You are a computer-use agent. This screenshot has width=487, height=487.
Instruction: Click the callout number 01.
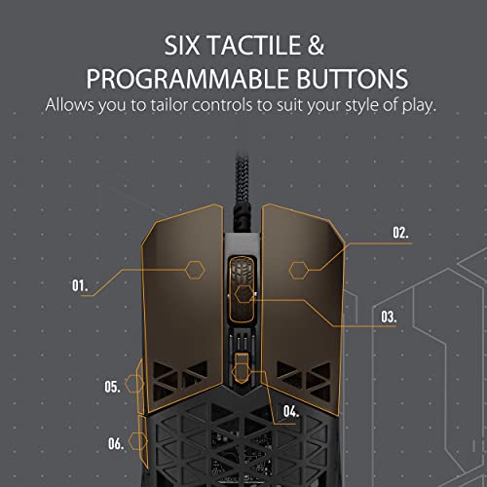tap(80, 285)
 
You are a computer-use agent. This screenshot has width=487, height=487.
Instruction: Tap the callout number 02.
tap(400, 233)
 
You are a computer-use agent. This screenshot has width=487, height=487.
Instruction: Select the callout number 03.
tap(389, 317)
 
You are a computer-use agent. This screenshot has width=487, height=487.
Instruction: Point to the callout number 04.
tap(291, 411)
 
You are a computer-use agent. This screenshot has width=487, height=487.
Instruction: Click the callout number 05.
tap(112, 387)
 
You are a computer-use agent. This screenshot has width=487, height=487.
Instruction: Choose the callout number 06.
tap(116, 443)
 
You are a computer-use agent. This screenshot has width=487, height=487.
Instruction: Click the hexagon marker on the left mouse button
tap(195, 270)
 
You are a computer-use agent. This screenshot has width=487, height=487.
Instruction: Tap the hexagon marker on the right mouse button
tap(299, 270)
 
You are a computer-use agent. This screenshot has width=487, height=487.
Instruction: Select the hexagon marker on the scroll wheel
tap(244, 294)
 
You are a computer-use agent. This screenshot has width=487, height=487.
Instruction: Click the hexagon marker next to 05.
tap(134, 384)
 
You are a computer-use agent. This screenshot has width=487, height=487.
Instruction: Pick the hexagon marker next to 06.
tap(138, 441)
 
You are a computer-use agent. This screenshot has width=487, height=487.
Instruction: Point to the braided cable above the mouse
tap(242, 192)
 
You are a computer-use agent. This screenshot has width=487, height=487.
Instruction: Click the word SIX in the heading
tap(182, 45)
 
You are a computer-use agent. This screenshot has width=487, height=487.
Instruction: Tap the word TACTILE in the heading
tap(254, 45)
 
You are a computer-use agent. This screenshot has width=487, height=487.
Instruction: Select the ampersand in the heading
tap(316, 45)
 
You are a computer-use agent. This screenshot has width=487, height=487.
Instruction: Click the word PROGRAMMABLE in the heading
tap(187, 79)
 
